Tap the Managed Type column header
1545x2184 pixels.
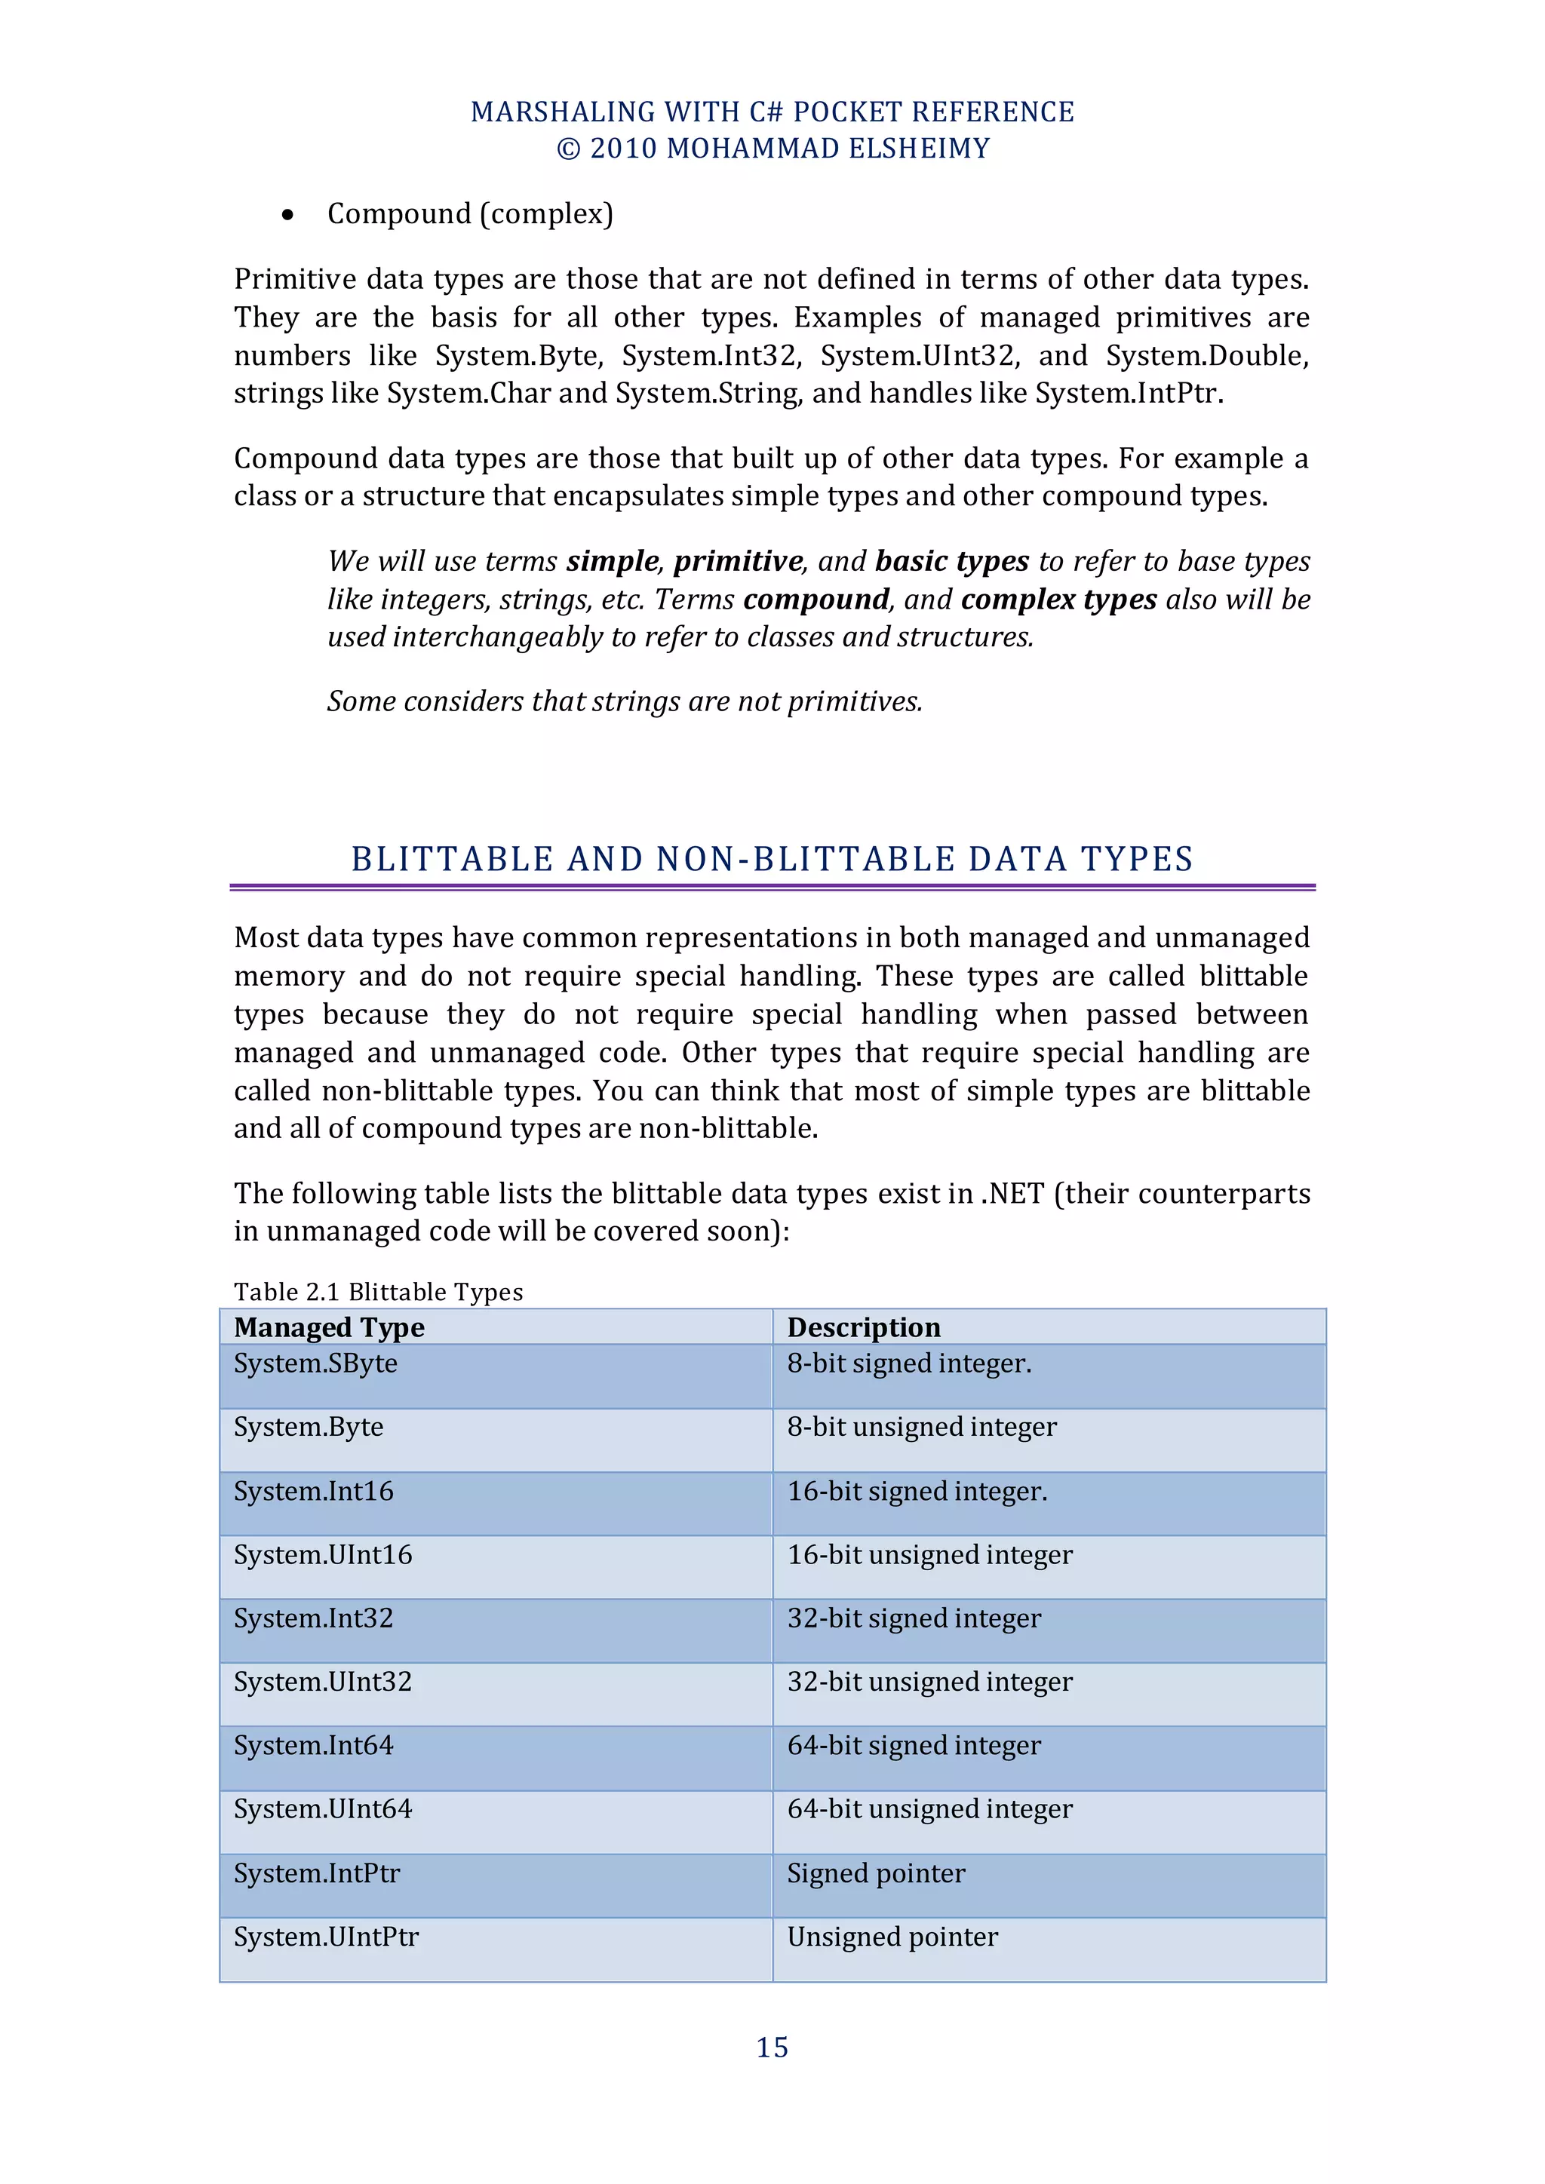point(329,1327)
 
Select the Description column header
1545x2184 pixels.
point(863,1327)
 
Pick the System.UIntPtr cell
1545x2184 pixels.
point(327,1937)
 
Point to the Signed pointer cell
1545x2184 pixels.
point(875,1873)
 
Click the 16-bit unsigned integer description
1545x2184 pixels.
point(929,1554)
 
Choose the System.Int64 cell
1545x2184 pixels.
point(313,1746)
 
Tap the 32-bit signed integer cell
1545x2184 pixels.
point(914,1618)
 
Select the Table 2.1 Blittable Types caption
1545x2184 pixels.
point(379,1292)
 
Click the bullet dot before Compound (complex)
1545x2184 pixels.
point(288,216)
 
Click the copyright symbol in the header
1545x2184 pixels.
point(568,149)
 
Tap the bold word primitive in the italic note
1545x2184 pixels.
point(739,561)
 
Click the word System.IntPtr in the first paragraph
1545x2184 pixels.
point(1126,393)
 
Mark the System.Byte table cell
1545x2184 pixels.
point(309,1427)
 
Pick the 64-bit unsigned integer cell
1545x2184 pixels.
point(929,1808)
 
